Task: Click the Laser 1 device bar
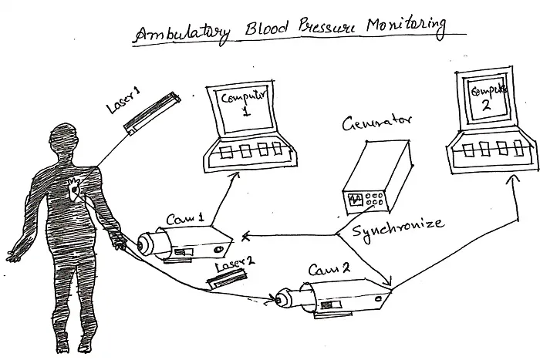[x=154, y=113]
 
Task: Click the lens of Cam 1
[x=144, y=243]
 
